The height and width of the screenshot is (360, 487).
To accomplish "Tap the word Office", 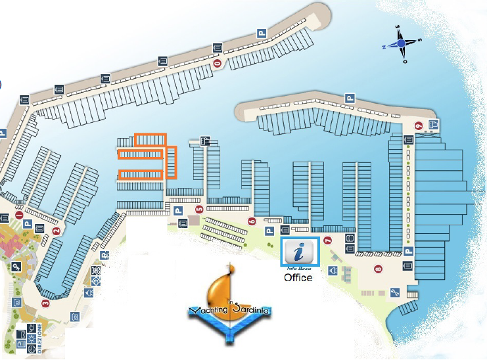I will tap(298, 278).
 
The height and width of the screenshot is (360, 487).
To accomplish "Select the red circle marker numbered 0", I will tap(217, 64).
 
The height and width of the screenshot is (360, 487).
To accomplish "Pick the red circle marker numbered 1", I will tap(19, 215).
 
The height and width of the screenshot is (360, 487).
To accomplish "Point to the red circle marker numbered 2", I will tap(57, 231).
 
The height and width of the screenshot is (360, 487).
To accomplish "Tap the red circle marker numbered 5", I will tap(199, 210).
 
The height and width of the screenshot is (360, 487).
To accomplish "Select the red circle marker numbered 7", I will tap(327, 240).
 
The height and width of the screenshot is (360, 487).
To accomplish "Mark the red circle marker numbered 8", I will tap(377, 268).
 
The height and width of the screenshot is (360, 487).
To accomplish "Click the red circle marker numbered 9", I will tap(419, 126).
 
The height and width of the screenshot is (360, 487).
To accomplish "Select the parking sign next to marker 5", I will tap(177, 212).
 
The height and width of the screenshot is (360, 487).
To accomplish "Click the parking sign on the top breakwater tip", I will tap(261, 32).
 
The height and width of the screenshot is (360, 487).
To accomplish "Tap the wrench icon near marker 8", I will tap(394, 292).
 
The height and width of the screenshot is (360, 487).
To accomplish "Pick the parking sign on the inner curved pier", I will tap(349, 99).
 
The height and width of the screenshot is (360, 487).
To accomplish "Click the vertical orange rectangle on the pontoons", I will tap(172, 162).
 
